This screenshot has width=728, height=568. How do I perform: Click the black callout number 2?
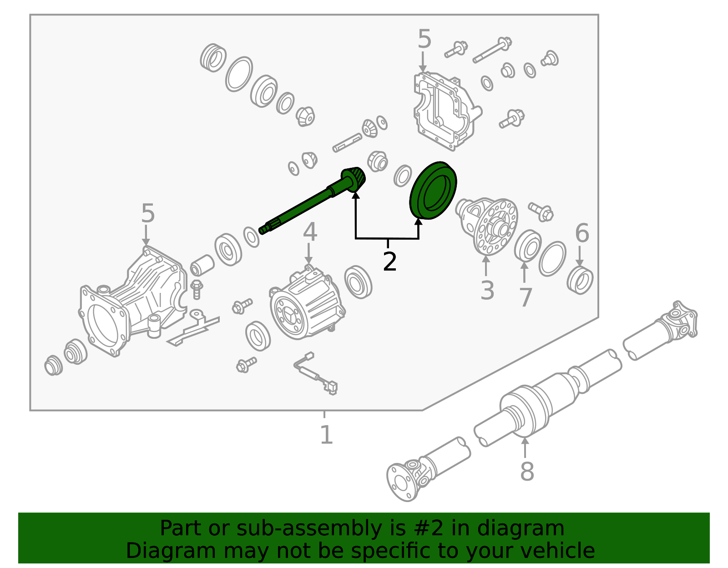click(389, 262)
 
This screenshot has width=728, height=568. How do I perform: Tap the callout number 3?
click(487, 290)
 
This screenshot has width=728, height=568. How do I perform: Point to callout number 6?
click(582, 233)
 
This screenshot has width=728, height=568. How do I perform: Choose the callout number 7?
click(526, 297)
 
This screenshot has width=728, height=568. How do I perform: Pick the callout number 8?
click(527, 471)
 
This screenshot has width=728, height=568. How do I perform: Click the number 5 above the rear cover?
click(425, 39)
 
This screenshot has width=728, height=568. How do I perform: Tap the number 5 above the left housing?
click(148, 213)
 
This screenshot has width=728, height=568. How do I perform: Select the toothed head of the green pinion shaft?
click(354, 179)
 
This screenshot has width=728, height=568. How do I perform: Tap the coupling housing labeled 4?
click(308, 302)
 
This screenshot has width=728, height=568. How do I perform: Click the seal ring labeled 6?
click(580, 280)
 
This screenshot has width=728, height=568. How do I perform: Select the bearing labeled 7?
click(528, 246)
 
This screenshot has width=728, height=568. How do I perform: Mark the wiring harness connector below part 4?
click(332, 387)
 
